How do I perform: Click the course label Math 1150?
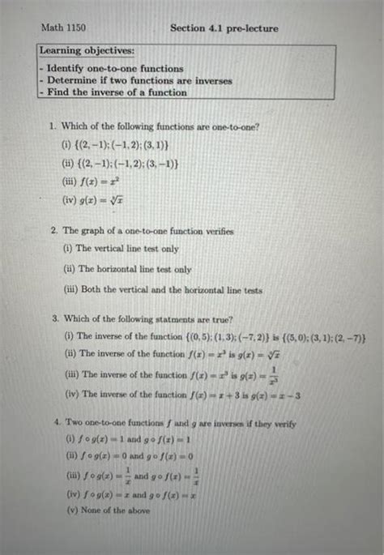tap(63, 28)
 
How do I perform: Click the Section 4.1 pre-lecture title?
tap(224, 28)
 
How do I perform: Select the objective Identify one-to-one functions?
tap(114, 69)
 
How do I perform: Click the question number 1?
tap(51, 127)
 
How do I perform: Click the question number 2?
tap(53, 231)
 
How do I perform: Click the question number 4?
tap(52, 424)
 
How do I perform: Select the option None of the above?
tap(113, 510)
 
